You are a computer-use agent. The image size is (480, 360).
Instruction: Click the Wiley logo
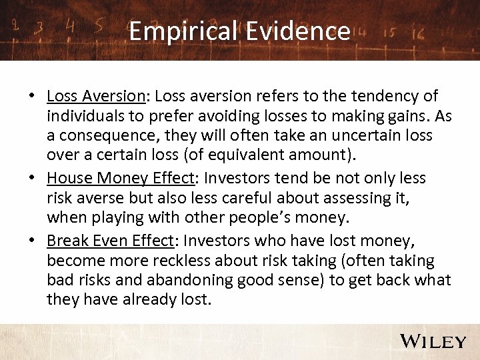click(x=433, y=341)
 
